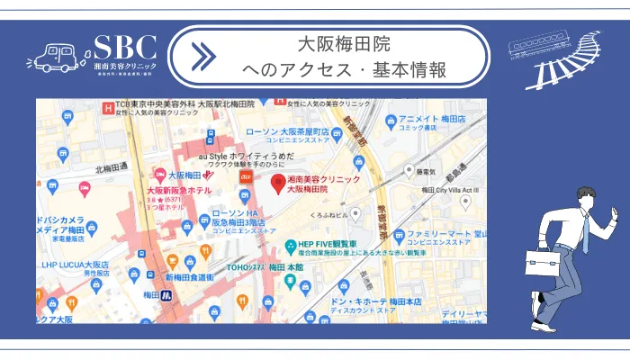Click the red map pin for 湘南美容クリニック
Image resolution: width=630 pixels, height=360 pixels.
tap(278, 183)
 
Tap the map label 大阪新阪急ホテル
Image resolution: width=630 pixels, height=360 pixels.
tap(179, 191)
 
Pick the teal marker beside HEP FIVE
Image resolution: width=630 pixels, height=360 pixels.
tap(290, 246)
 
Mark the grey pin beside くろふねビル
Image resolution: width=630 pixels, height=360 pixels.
tap(356, 214)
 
